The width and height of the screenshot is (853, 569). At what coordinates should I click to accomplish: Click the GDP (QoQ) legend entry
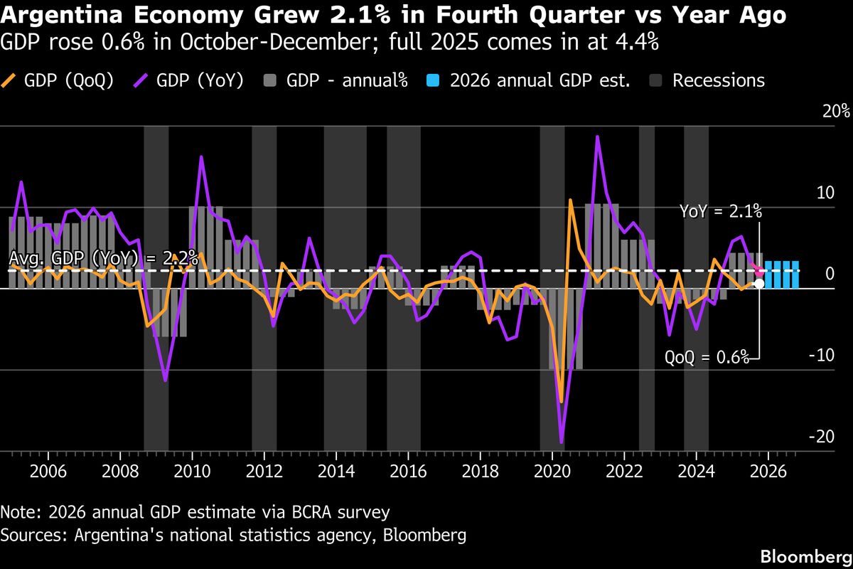(x=58, y=80)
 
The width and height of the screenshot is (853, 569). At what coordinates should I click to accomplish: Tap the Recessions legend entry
(x=707, y=80)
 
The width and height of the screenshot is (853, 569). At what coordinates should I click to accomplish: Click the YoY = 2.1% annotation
(x=721, y=211)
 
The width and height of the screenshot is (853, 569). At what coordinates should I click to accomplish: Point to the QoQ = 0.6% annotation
(x=707, y=357)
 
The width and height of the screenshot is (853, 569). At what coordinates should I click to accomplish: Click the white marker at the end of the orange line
(x=759, y=283)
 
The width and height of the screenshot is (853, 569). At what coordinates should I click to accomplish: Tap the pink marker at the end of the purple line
(x=759, y=272)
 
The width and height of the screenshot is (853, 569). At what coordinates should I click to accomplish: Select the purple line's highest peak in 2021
(x=597, y=137)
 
